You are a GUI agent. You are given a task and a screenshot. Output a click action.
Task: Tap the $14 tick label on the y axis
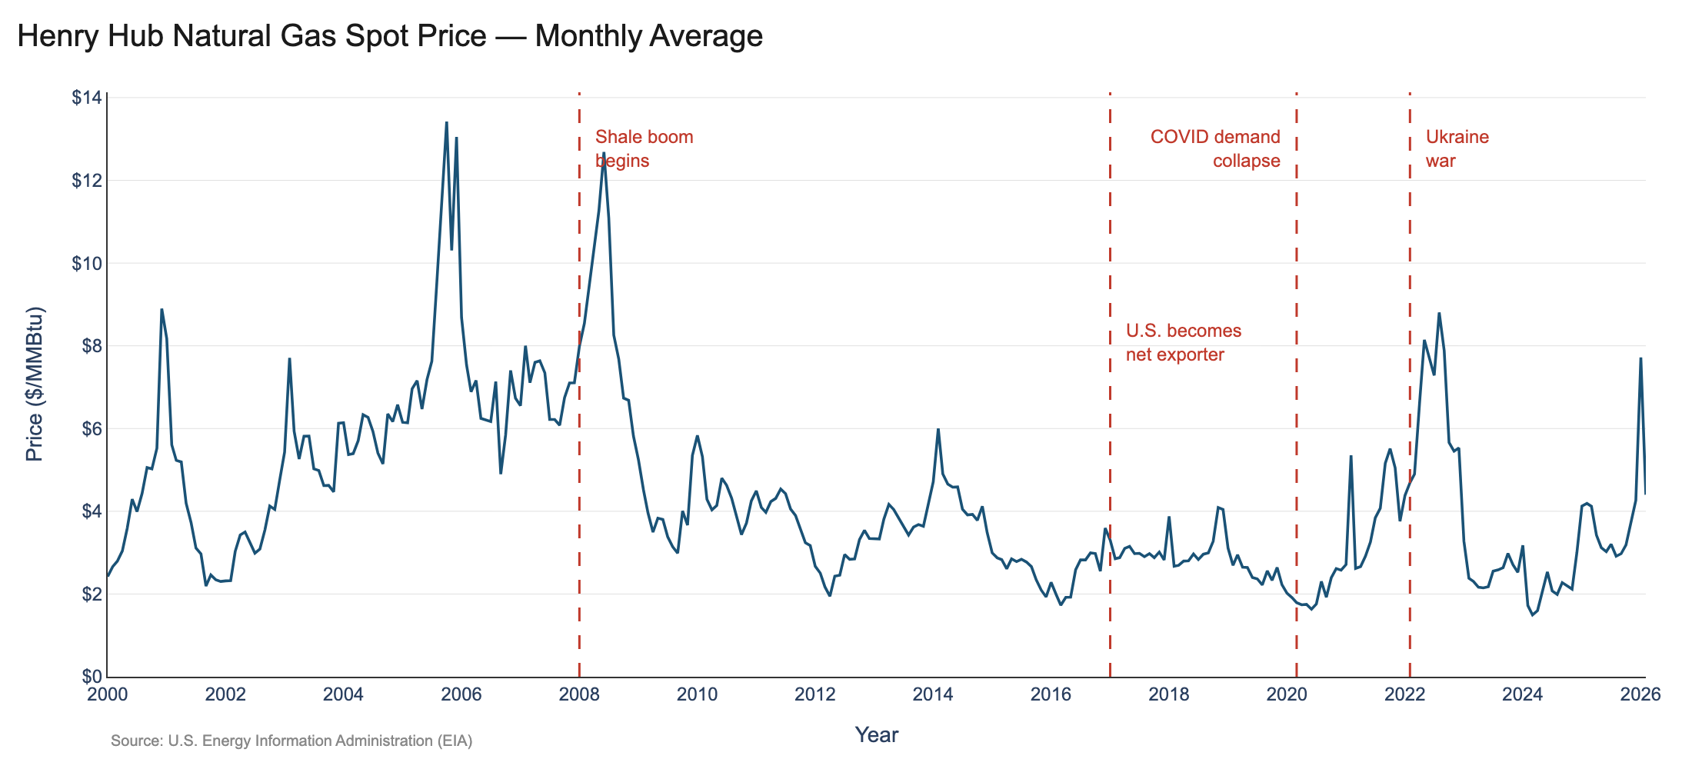pyautogui.click(x=86, y=98)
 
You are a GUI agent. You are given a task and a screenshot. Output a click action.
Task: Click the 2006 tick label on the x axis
pyautogui.click(x=461, y=695)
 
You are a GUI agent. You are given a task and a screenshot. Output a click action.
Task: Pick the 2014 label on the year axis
pyautogui.click(x=933, y=695)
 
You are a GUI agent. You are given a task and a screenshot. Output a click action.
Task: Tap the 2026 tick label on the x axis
pyautogui.click(x=1640, y=695)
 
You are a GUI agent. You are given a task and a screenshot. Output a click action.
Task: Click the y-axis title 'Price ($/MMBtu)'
pyautogui.click(x=35, y=384)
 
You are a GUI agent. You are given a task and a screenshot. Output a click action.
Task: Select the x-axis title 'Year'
pyautogui.click(x=876, y=735)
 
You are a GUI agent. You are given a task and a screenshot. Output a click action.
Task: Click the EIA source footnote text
pyautogui.click(x=291, y=741)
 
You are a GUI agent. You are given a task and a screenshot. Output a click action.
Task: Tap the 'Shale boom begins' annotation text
pyautogui.click(x=644, y=149)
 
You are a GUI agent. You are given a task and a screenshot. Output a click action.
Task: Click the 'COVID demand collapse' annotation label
pyautogui.click(x=1215, y=149)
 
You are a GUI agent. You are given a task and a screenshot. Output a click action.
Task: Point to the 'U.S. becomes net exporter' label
pyautogui.click(x=1183, y=343)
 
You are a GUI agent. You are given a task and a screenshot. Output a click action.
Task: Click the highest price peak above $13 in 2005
pyautogui.click(x=447, y=122)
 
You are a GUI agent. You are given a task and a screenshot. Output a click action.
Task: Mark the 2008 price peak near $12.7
pyautogui.click(x=604, y=153)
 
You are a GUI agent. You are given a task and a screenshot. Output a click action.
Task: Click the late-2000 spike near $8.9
pyautogui.click(x=162, y=309)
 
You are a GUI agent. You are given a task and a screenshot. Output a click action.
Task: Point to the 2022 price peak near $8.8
pyautogui.click(x=1439, y=313)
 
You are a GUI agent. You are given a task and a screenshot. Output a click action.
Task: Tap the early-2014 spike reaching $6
pyautogui.click(x=938, y=429)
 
